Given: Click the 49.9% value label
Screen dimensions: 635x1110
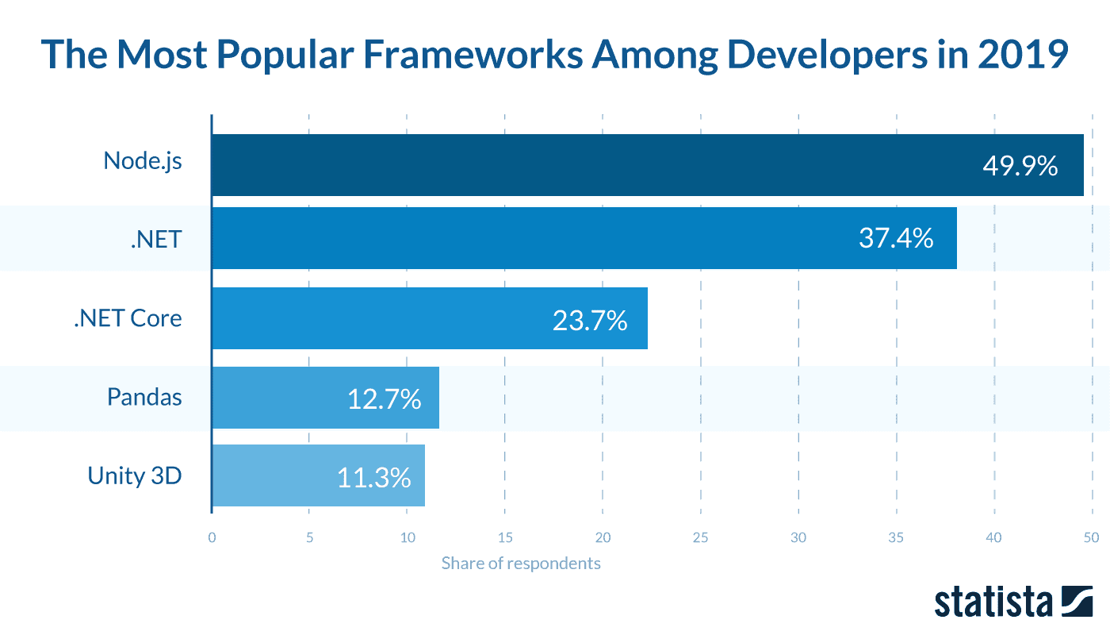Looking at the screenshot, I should pos(1020,166).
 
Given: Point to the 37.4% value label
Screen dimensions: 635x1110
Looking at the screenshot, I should pos(896,237).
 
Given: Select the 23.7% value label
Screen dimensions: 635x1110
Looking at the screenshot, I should pos(590,320).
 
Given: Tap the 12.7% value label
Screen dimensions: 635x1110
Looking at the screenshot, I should pos(384,399).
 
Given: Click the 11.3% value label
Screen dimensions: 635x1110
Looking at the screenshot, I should pos(373,477).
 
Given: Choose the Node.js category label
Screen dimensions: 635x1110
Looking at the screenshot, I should pos(143,161).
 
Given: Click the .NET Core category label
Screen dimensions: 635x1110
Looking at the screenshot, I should pos(128,318).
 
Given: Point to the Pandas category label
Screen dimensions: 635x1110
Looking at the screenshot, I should pos(144,396).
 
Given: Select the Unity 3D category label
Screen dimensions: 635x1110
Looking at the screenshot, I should pos(135,475).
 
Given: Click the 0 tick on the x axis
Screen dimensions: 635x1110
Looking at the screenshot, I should pos(212,537).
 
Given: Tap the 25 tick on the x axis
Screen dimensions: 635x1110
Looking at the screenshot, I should pos(701,537).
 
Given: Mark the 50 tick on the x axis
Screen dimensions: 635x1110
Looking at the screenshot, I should pos(1091,537).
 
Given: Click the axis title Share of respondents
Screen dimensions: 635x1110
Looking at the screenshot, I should pos(521,564).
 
